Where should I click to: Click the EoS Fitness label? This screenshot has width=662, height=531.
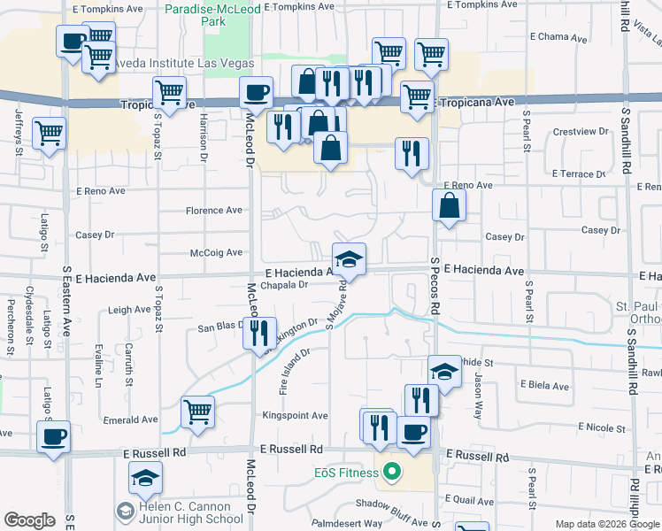pos(345,473)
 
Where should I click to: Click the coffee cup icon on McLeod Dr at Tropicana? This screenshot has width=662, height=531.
pos(257,91)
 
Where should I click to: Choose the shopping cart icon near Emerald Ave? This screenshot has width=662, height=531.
pos(197,411)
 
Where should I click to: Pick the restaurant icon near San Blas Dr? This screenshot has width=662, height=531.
pos(259,333)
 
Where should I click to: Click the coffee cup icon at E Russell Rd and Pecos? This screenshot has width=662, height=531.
pos(412,432)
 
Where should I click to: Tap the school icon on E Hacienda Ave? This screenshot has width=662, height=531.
pos(350,258)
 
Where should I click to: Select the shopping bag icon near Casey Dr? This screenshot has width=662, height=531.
pos(450,205)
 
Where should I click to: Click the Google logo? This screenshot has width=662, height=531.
pos(29,520)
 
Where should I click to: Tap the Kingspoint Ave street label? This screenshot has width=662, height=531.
pos(295,415)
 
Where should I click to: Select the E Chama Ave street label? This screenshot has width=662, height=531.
pos(558,38)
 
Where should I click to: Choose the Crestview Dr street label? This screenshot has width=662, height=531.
pos(580,131)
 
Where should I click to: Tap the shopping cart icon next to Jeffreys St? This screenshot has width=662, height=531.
pos(50,134)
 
